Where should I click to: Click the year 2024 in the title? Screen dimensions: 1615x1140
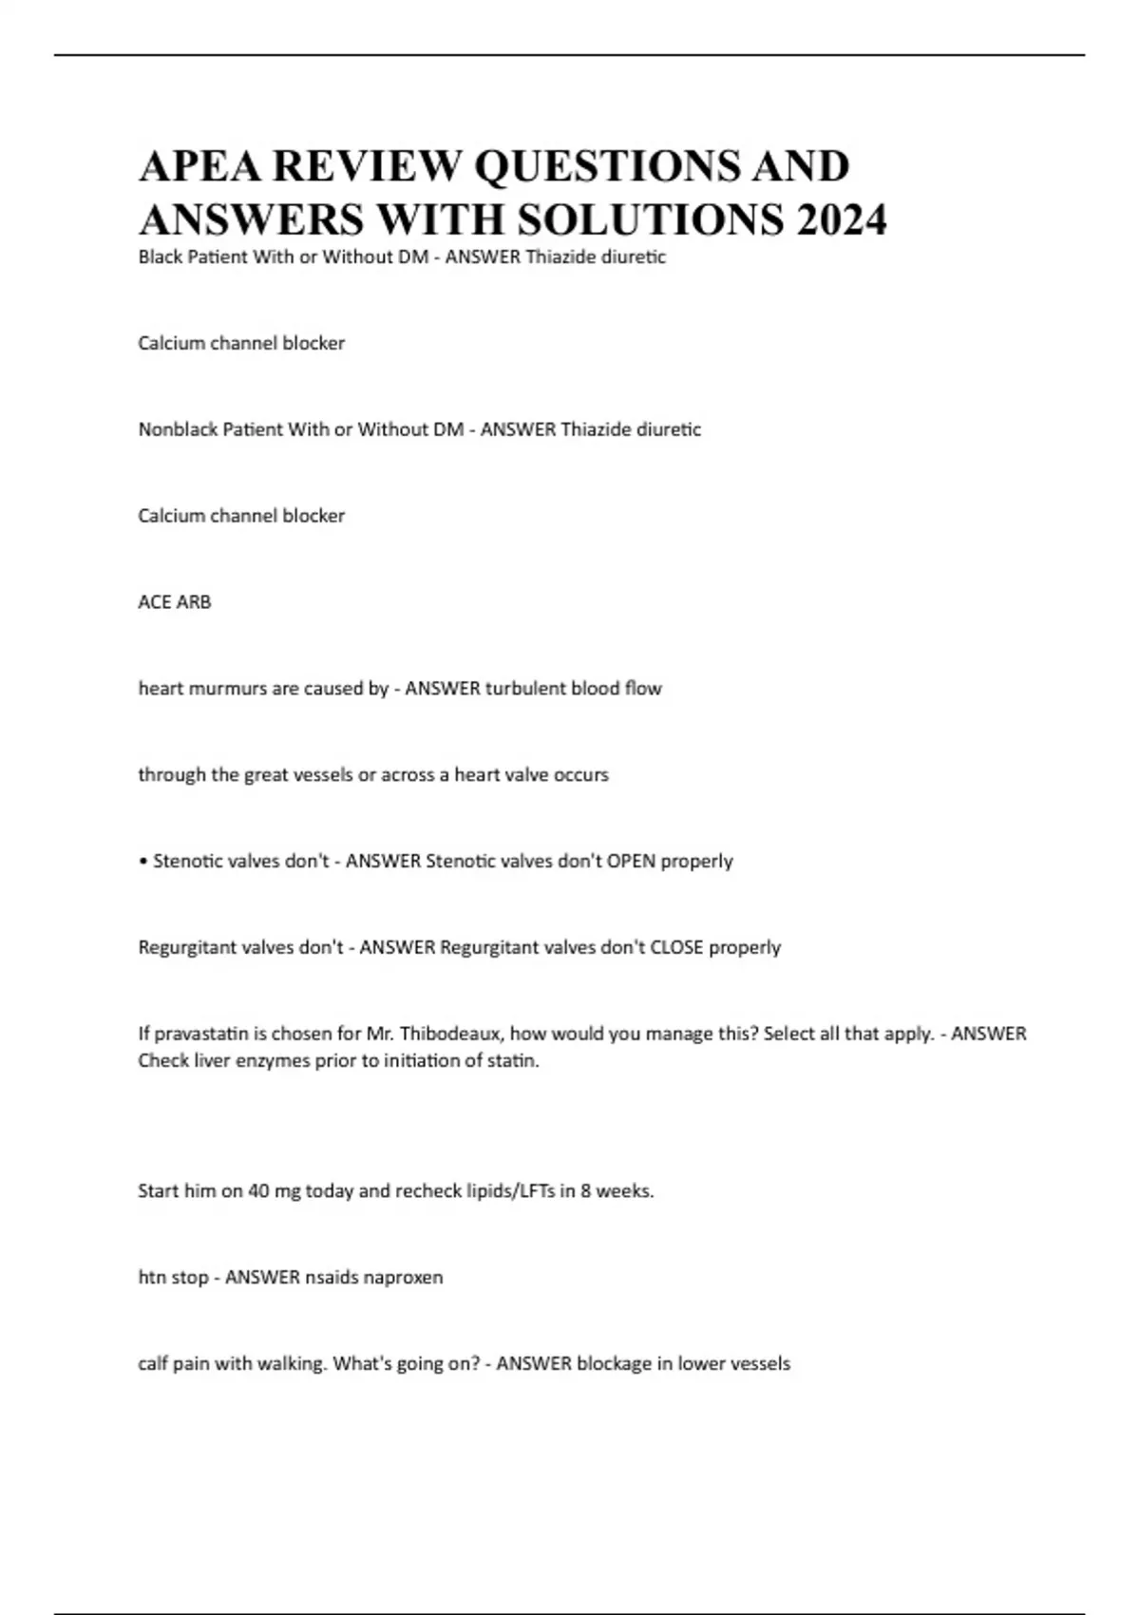pos(842,219)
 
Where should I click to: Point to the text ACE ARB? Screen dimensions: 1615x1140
pos(175,602)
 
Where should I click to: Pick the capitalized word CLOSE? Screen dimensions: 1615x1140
pos(676,948)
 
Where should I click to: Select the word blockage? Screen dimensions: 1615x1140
pos(613,1364)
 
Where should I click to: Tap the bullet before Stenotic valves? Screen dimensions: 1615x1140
pos(142,862)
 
